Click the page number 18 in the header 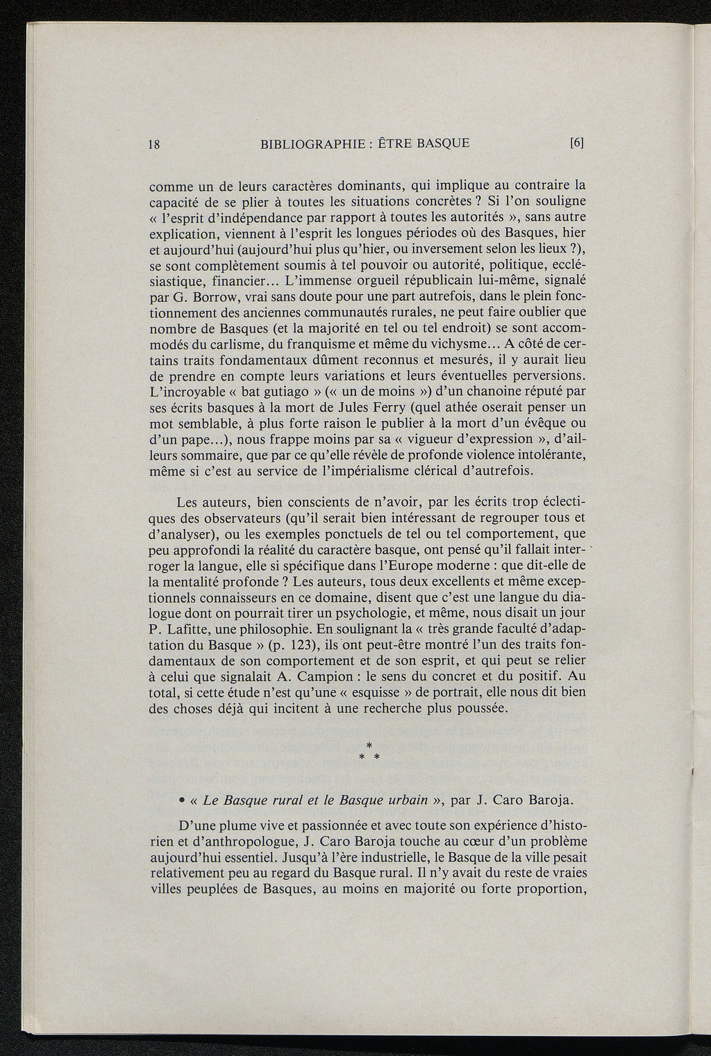click(x=155, y=144)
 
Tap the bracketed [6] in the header click(x=577, y=144)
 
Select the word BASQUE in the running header click(x=440, y=144)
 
